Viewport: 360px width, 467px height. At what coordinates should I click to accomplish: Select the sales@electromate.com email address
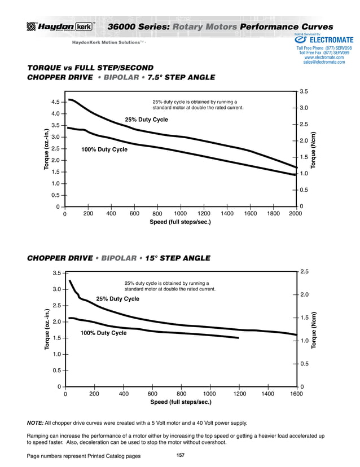pos(323,62)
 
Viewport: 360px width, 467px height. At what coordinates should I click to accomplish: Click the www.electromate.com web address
pos(324,58)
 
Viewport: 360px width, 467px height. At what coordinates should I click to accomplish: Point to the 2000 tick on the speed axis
pos(295,214)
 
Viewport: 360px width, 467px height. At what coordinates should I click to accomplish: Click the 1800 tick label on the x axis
pos(272,214)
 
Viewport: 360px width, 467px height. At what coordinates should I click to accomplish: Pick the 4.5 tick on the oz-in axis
pos(56,102)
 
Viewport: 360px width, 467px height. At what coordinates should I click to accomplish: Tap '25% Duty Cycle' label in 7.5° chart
pos(146,120)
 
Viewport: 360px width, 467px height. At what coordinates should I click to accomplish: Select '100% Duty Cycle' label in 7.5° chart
pos(104,149)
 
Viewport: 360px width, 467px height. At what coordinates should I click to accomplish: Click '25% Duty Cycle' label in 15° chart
pos(117,298)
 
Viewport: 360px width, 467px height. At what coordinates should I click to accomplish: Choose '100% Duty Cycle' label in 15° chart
pos(103,333)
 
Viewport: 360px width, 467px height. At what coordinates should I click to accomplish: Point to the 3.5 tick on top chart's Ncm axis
pos(304,91)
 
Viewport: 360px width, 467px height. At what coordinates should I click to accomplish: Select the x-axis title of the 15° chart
pos(180,402)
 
